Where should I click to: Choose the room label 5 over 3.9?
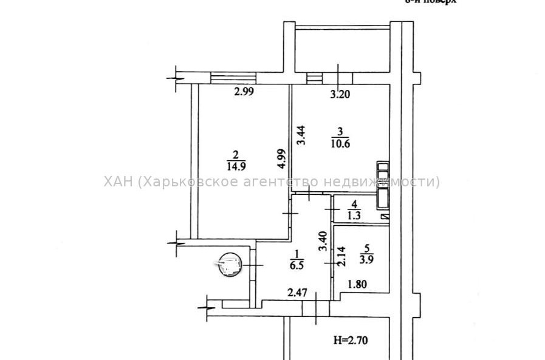365,253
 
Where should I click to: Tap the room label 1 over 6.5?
298,260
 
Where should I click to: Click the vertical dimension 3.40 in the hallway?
324,242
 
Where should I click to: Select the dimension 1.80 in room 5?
357,283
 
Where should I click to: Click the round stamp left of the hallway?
230,265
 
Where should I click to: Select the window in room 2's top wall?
233,77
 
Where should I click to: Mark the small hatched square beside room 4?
383,216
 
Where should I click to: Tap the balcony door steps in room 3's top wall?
314,78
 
